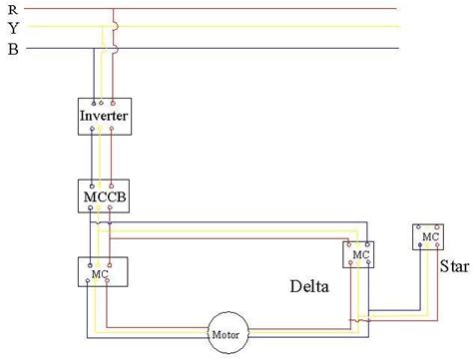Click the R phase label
coord(13,9)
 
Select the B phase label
coord(13,47)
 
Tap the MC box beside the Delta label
coord(358,255)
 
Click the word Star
coord(453,266)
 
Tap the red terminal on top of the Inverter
coord(113,103)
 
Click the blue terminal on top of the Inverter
coord(95,103)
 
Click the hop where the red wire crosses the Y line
coord(116,28)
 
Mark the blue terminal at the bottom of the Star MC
coord(420,247)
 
